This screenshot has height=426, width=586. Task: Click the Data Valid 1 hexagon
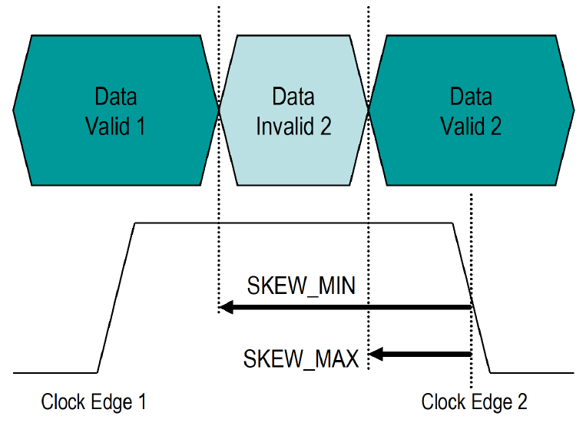(115, 110)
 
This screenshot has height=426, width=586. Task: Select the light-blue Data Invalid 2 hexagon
(293, 110)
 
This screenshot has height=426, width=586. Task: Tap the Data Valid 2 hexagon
(471, 110)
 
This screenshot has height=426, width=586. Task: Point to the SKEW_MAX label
(301, 358)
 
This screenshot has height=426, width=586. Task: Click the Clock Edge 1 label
(94, 401)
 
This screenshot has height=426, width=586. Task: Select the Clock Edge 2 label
(474, 401)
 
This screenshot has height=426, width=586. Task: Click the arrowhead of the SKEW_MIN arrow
(225, 308)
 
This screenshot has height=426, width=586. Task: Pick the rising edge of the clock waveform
(117, 298)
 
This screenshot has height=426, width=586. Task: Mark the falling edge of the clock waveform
(471, 298)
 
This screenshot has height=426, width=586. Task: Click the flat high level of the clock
(292, 223)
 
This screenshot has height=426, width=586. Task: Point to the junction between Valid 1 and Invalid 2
(219, 110)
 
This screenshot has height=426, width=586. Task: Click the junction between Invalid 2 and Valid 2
(369, 110)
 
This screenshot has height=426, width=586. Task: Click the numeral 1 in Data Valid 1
(140, 125)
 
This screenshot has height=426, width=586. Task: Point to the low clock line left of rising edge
(54, 373)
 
